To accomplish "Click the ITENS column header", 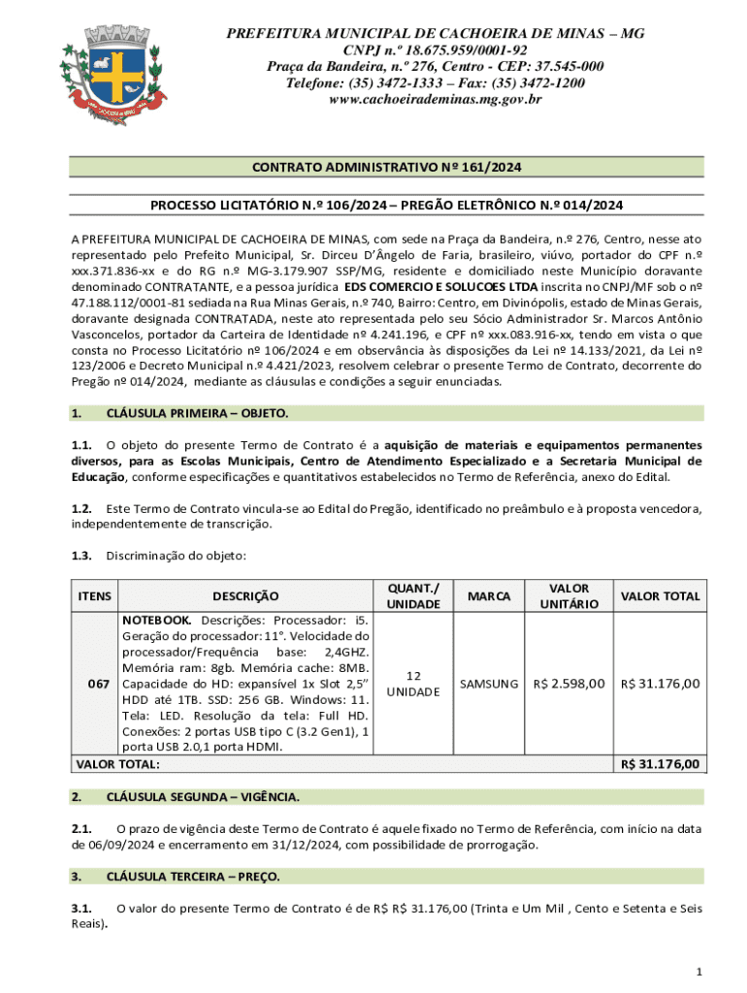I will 93,596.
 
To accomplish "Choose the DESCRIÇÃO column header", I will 245,596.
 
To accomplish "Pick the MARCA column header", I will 489,596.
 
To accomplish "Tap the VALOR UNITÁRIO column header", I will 568,596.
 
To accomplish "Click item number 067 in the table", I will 99,685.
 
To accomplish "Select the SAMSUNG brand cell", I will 489,685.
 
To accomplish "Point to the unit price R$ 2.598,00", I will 569,685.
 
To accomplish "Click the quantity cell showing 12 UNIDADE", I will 413,684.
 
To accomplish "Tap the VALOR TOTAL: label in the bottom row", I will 117,765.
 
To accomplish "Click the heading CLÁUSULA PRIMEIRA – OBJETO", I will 197,413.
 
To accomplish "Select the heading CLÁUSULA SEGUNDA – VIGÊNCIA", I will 203,797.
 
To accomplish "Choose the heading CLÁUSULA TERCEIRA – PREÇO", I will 193,877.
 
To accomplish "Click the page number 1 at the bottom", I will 698,972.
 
